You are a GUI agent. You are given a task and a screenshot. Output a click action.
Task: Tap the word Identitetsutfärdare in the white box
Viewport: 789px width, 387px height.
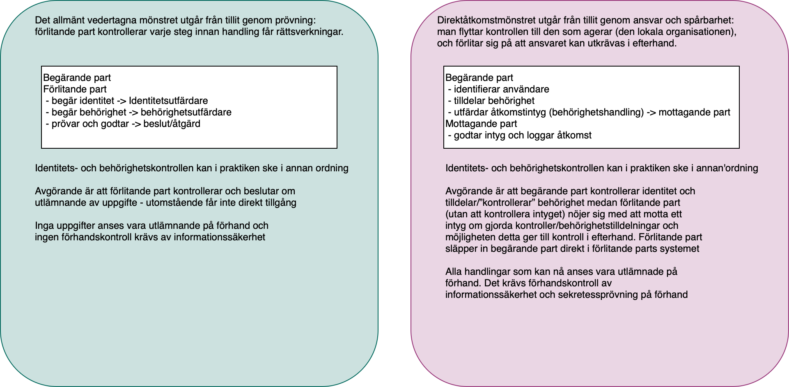[168, 101]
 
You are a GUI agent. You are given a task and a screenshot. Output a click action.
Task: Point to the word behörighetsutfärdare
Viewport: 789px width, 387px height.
[186, 112]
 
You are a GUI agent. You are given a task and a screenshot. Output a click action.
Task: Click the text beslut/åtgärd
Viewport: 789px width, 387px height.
[172, 124]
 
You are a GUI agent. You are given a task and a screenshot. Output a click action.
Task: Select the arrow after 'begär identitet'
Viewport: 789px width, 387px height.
[122, 101]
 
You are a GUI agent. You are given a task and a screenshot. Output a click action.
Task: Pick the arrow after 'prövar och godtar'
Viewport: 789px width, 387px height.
[136, 124]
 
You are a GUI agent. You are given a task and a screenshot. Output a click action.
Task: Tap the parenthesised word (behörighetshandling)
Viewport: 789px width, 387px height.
[596, 112]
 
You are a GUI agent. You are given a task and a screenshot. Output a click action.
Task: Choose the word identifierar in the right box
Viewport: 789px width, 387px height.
[477, 89]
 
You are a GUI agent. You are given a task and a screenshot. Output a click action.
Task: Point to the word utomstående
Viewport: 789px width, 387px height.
[170, 203]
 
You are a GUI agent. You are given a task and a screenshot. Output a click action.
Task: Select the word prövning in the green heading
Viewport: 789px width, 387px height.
[298, 20]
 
